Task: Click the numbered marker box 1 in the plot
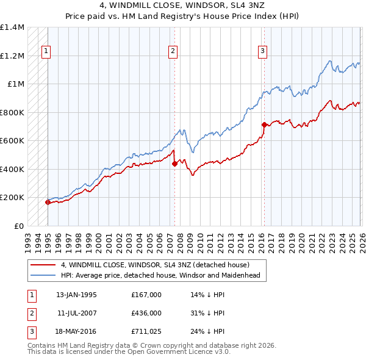tap(47, 51)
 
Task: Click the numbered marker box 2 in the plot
tap(173, 51)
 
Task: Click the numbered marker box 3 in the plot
tap(262, 51)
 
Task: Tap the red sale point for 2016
tap(264, 125)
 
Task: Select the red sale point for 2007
tap(175, 164)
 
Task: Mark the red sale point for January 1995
tap(48, 202)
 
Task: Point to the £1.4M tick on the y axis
tap(12, 27)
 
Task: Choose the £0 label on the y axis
tap(18, 226)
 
